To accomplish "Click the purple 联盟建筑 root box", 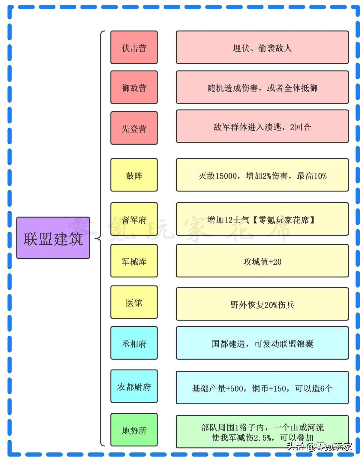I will (53, 238).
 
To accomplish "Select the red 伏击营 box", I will (134, 47).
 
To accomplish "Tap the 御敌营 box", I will (134, 87).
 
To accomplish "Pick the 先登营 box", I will (134, 128).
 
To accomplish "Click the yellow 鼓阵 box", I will (134, 175).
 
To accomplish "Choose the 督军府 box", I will (134, 219).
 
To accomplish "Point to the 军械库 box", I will (134, 261).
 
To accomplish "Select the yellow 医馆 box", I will (134, 302).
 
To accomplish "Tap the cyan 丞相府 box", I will (134, 343).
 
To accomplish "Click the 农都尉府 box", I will (134, 386).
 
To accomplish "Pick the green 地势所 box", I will (134, 430).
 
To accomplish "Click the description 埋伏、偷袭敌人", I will (262, 47).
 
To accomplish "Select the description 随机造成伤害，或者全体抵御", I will (262, 87).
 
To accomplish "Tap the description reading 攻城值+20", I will (262, 261).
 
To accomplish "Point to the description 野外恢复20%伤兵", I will (262, 304).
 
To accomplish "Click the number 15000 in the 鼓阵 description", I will (226, 176).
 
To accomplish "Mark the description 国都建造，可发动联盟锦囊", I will (262, 343).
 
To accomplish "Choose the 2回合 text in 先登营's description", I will (300, 127).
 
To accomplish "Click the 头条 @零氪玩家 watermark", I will (319, 446).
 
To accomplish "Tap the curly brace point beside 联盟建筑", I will (96, 239).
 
